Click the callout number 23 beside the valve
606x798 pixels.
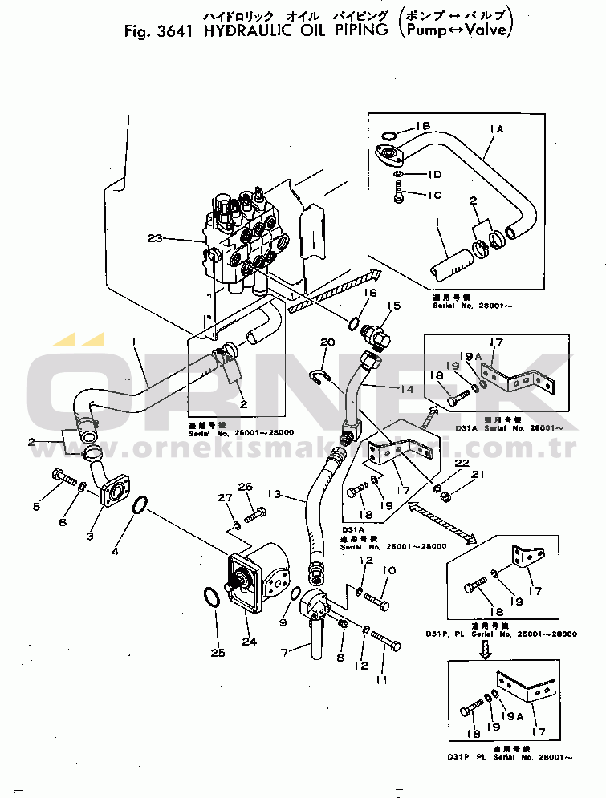tap(155, 237)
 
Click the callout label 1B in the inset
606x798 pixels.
tap(423, 126)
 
